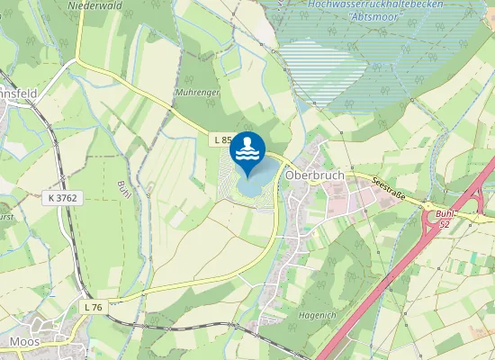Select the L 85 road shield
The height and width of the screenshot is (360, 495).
(224, 139)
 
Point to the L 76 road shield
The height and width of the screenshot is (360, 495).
(92, 307)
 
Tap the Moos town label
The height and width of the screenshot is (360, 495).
(22, 342)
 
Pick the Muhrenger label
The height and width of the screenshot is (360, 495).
(197, 92)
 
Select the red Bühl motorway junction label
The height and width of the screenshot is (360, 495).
(444, 214)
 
